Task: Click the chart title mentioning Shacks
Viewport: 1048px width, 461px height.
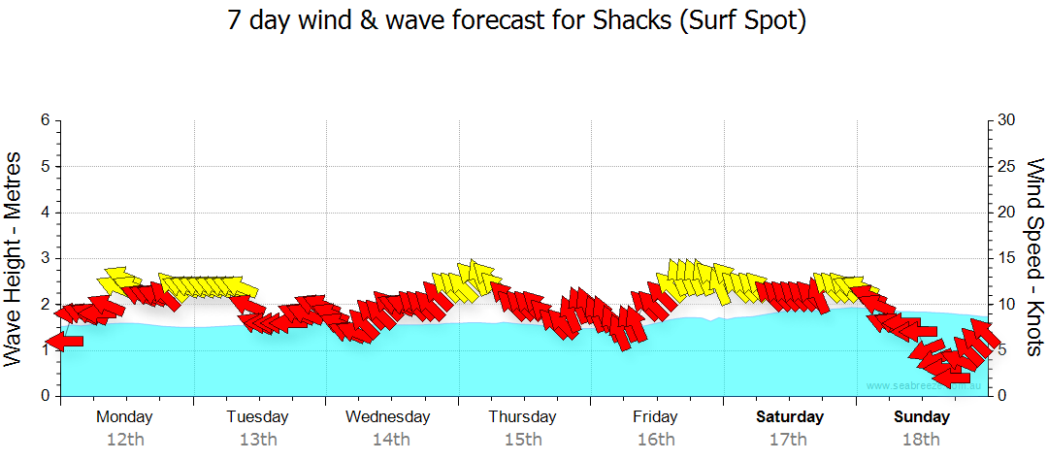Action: click(517, 21)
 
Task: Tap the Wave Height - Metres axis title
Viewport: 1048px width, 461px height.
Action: click(14, 258)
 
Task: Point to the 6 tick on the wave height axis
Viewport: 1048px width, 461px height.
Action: click(45, 120)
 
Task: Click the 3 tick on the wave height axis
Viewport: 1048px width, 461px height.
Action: click(45, 258)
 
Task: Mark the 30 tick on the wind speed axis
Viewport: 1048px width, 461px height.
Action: click(1007, 120)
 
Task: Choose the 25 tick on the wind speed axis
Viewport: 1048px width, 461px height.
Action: click(1007, 166)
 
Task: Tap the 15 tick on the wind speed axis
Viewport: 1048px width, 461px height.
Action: click(1007, 258)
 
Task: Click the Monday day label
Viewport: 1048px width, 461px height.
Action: click(124, 417)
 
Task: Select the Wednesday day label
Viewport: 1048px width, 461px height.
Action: click(388, 417)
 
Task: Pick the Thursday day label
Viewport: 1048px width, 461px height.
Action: click(522, 417)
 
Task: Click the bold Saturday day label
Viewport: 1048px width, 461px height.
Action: click(790, 417)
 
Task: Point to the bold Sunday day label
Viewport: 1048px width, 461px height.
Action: click(922, 417)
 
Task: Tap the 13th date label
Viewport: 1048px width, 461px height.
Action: click(257, 440)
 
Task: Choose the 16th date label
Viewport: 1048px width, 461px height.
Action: click(655, 440)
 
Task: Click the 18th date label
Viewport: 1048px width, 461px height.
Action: click(921, 440)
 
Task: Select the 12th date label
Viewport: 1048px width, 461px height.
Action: click(125, 440)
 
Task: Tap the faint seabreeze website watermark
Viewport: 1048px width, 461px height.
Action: click(923, 386)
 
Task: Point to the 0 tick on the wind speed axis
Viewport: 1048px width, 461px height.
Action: click(1001, 396)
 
